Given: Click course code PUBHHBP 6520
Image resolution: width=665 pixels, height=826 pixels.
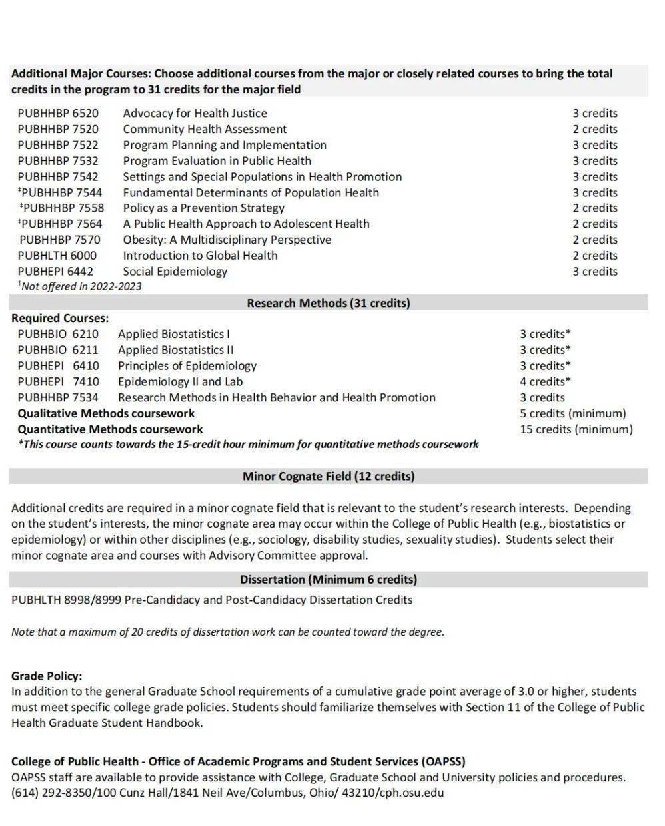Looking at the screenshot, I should tap(58, 113).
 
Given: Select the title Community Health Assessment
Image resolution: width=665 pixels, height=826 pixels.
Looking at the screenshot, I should tap(205, 129).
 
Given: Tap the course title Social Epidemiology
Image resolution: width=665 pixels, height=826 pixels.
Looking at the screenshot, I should tap(175, 271).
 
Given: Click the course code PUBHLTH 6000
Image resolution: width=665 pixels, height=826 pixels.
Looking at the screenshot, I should tap(57, 256).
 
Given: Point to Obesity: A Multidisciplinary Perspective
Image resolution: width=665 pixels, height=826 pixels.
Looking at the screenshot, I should tap(227, 240).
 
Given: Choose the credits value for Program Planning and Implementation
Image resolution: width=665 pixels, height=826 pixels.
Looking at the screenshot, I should tap(595, 145).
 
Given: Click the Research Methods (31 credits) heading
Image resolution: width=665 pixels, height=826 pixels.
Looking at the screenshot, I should tap(329, 303).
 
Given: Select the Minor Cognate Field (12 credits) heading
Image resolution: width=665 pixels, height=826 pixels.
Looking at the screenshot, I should tap(329, 476).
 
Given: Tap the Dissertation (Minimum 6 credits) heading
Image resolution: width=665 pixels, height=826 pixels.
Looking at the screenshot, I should tap(329, 579).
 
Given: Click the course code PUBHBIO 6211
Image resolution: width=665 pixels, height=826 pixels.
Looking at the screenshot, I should tap(58, 350).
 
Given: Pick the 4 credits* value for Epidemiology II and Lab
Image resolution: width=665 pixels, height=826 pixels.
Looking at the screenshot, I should tap(546, 382).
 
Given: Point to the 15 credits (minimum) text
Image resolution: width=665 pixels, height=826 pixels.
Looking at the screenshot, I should tap(576, 429).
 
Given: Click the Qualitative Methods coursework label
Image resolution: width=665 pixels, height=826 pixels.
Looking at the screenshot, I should tap(106, 413).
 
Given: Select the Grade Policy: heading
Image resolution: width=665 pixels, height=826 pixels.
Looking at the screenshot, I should tap(47, 676).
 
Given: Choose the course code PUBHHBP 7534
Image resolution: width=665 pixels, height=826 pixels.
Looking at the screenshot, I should tap(58, 398).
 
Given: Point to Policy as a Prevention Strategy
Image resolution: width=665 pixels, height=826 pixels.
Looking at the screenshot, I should tap(203, 208).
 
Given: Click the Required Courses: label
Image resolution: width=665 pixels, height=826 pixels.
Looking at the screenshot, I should tap(60, 318).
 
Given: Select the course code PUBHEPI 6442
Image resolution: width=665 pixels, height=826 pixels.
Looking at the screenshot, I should tap(56, 271).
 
